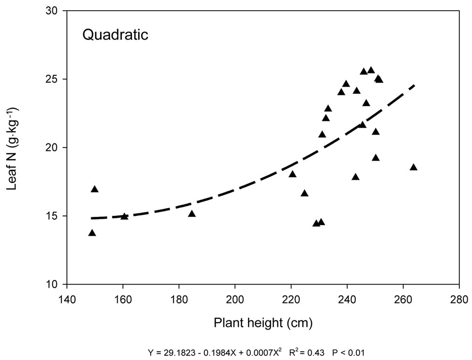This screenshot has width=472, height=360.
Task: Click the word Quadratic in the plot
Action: pos(115,35)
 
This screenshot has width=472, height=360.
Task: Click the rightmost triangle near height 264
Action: pos(413,167)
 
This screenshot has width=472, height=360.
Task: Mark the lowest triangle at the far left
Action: pos(92,233)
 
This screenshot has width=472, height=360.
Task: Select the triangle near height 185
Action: pos(192,214)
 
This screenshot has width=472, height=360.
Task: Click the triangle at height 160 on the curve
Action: pos(124,216)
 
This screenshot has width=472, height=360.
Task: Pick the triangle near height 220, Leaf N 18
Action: pos(292,174)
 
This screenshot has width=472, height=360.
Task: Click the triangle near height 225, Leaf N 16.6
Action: pos(305,194)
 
